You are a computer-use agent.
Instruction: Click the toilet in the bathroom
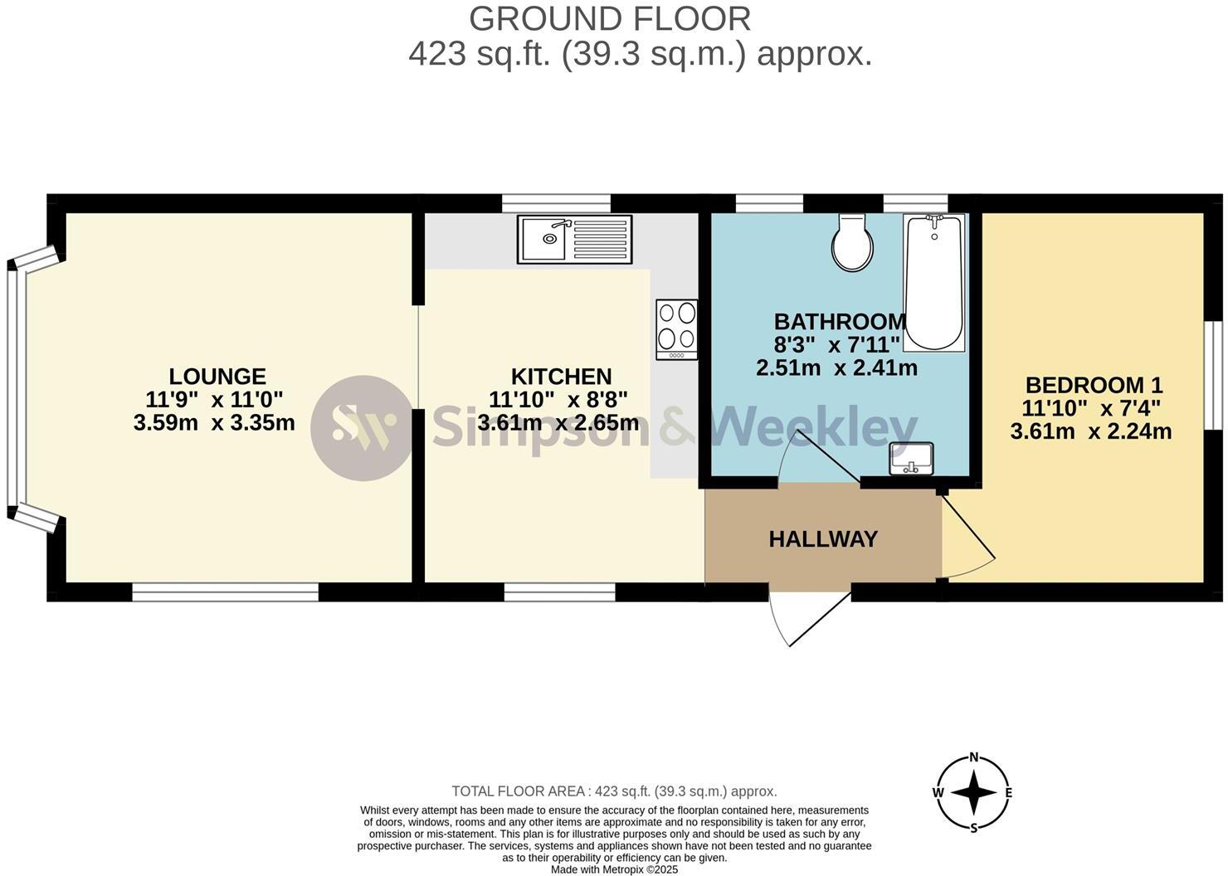[x=853, y=243]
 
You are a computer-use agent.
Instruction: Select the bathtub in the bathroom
[x=934, y=282]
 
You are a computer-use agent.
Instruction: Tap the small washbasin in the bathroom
[x=911, y=459]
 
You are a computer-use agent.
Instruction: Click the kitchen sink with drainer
[x=574, y=239]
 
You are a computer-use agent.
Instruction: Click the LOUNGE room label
[x=217, y=377]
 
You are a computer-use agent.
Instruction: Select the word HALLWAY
[x=823, y=539]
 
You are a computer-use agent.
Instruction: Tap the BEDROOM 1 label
[x=1094, y=385]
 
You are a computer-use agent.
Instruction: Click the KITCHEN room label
[x=561, y=377]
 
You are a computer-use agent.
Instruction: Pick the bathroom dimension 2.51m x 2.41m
[x=836, y=367]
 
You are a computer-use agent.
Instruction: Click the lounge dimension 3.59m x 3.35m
[x=214, y=423]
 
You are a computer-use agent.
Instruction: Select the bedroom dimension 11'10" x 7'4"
[x=1091, y=408]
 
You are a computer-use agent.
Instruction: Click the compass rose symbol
[x=973, y=792]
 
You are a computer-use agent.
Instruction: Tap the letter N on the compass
[x=974, y=757]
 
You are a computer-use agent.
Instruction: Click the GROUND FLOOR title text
[x=610, y=18]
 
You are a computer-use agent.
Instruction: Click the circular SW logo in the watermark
[x=361, y=428]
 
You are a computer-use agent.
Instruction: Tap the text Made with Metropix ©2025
[x=614, y=869]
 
